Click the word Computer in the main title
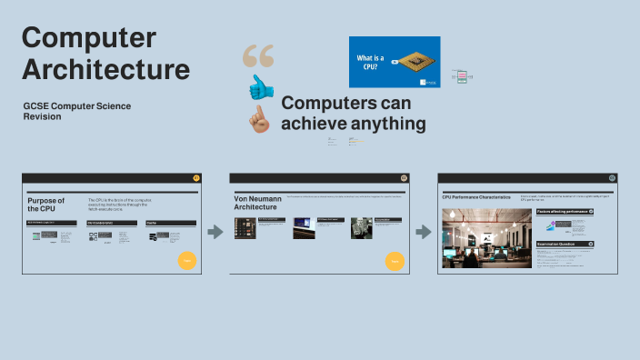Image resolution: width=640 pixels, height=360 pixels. [89, 38]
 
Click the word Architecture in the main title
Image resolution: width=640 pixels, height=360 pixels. [105, 69]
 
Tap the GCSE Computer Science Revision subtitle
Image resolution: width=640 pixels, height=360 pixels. [77, 111]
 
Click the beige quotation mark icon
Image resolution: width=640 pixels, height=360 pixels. [258, 57]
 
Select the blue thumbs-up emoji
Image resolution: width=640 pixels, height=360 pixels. [262, 87]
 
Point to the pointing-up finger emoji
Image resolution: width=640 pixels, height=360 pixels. [261, 119]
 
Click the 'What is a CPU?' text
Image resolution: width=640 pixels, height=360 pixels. [370, 61]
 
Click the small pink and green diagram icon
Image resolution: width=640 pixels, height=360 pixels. [461, 76]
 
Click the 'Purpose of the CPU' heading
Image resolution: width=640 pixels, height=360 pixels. [46, 204]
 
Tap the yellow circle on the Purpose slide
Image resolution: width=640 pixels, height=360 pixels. [187, 260]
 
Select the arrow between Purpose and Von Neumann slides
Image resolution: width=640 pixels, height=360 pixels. [215, 233]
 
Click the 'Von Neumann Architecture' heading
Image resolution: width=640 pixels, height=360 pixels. [255, 202]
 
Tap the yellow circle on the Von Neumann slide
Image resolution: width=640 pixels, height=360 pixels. [395, 261]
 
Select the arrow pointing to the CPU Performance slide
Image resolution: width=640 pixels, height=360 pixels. [424, 233]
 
